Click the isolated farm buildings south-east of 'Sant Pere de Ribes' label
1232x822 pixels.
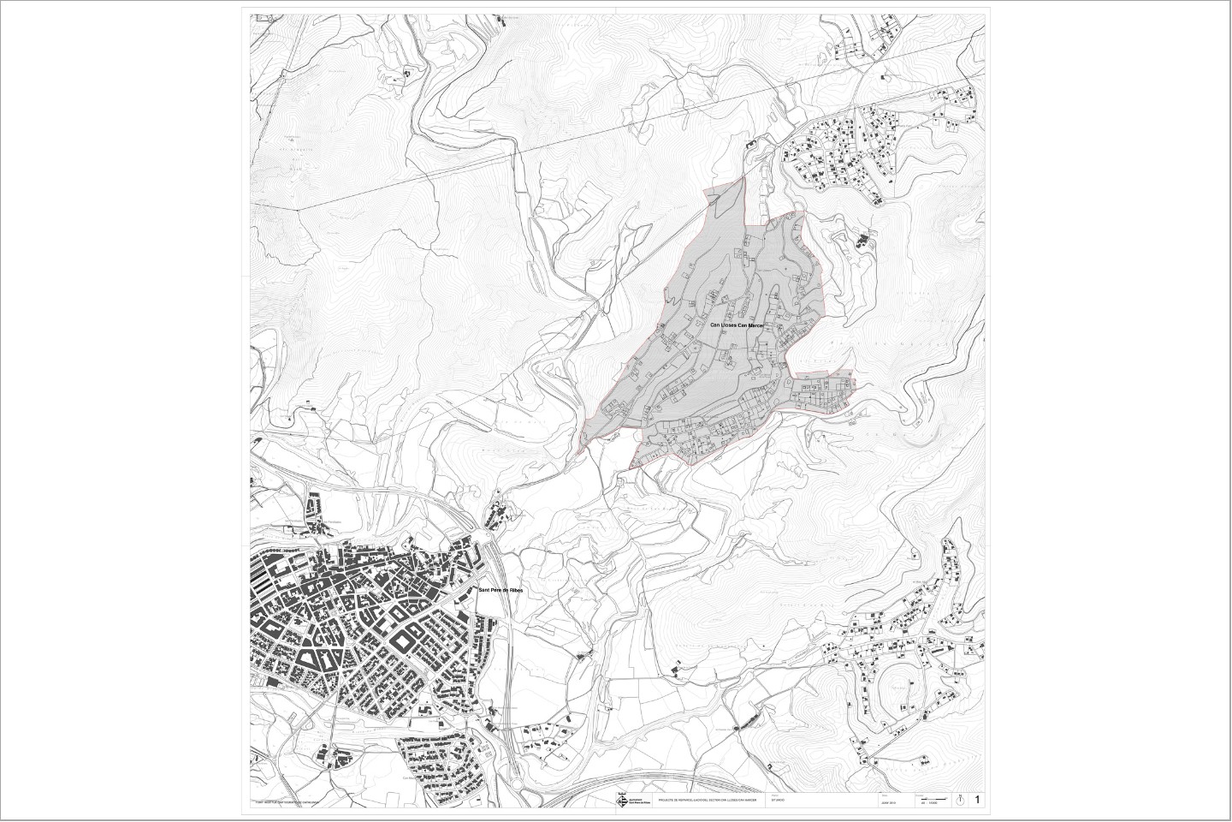[584, 656]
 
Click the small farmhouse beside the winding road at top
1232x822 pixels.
[406, 75]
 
